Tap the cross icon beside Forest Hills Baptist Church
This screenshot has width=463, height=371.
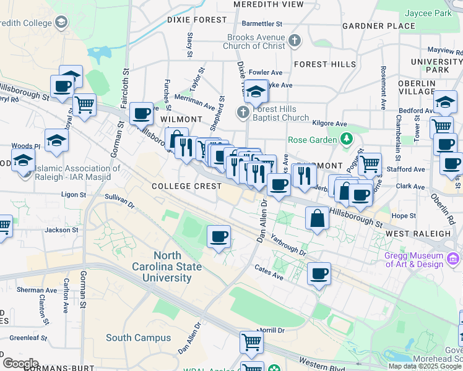pos(243,113)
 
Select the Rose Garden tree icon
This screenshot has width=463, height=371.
pos(346,140)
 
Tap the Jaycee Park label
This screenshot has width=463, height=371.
pos(428,13)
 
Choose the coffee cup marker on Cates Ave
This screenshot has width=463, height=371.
pos(319,274)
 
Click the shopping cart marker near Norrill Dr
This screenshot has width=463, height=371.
pos(251,342)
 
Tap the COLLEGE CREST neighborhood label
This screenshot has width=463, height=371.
pos(186,186)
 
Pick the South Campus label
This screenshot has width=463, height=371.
pos(138,338)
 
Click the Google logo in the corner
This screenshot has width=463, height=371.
pos(20,363)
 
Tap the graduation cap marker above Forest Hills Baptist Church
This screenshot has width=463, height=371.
pos(256,92)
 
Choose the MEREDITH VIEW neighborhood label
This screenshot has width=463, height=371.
pos(269,4)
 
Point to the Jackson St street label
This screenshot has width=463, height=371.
pos(61,229)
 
